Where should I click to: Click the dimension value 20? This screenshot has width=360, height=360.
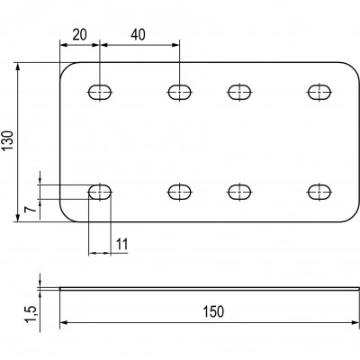pos(80,35)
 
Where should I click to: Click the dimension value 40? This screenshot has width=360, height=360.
pos(138,35)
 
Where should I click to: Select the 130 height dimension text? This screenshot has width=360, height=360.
pos(7,140)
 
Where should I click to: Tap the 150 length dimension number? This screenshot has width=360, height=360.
pos(213,311)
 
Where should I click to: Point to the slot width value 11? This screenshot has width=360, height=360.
pos(122,244)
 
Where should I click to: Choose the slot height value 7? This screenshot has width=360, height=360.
pos(31,209)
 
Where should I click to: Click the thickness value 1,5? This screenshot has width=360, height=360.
pos(31,314)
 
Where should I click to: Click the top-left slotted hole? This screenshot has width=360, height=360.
pos(100,92)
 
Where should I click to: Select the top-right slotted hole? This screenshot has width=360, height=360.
pos(319,92)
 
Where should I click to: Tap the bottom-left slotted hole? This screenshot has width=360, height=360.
pos(100,192)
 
